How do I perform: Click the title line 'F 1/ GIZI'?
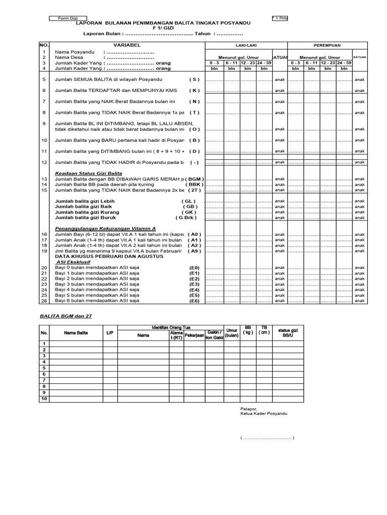(163, 28)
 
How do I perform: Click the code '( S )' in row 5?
(195, 79)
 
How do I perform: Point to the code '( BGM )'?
(195, 179)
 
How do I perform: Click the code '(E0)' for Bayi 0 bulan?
(194, 268)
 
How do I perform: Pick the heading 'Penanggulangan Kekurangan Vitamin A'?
(98, 228)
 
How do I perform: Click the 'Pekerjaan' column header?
(193, 334)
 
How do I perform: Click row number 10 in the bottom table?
(44, 399)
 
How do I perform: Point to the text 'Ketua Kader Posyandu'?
(264, 413)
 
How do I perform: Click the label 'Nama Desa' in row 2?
(68, 58)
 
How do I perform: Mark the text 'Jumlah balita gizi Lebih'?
(85, 201)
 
